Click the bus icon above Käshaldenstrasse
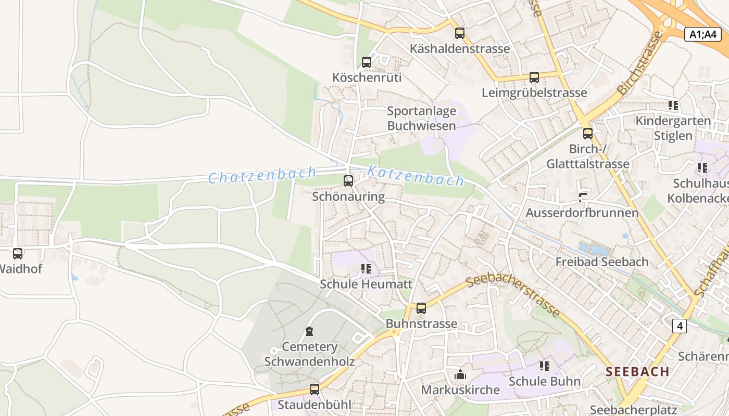pos(459,33)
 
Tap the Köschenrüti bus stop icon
pos(367,62)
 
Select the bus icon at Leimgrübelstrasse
pos(534,77)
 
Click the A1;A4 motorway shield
pos(702,34)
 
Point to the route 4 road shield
pos(679,326)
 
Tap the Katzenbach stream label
pos(416,175)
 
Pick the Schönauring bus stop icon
pos(348,181)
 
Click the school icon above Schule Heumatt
pos(366,269)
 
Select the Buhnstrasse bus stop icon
pos(421,308)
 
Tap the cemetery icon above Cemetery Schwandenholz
pos(309,331)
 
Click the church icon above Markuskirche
pos(460,374)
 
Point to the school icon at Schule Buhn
pos(545,366)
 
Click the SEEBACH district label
pos(637,371)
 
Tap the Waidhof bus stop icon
pos(18,254)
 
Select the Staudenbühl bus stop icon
pos(314,389)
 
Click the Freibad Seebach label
pos(601,262)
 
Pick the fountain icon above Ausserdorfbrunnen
pos(582,197)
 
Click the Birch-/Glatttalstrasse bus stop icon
pos(588,134)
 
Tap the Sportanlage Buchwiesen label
pos(421,118)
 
